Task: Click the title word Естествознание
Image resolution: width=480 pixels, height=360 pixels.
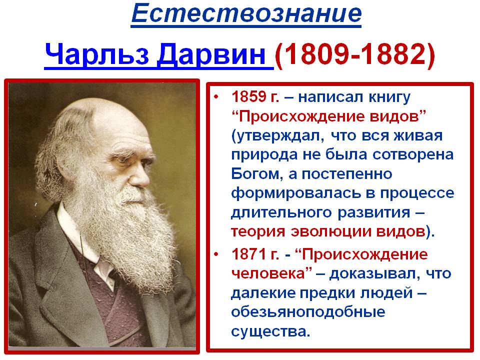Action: pyautogui.click(x=246, y=13)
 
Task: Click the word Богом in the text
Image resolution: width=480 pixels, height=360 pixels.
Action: pyautogui.click(x=257, y=174)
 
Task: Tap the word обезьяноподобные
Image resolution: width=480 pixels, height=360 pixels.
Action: pyautogui.click(x=308, y=312)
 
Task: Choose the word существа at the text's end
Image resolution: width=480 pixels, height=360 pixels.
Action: pyautogui.click(x=270, y=331)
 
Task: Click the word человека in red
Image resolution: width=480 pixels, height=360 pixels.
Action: pyautogui.click(x=268, y=273)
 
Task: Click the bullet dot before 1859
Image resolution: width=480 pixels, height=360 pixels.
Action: pyautogui.click(x=216, y=97)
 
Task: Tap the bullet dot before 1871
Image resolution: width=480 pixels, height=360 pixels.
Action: pyautogui.click(x=216, y=254)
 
